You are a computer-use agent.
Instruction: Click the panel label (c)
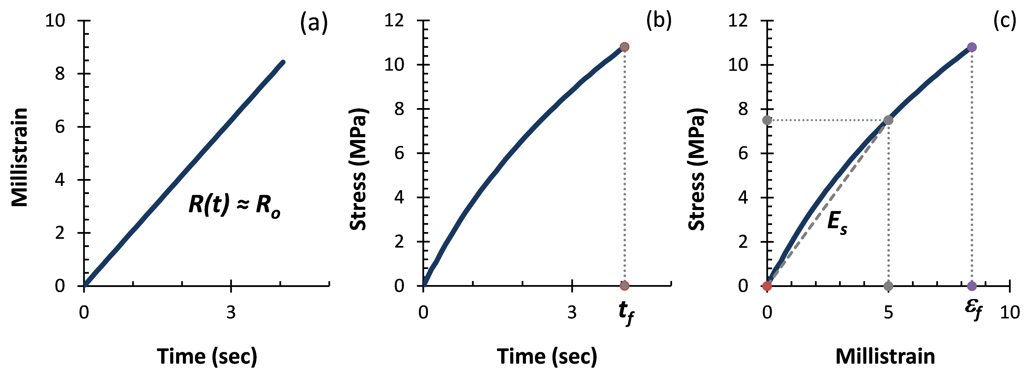pyautogui.click(x=1004, y=21)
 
